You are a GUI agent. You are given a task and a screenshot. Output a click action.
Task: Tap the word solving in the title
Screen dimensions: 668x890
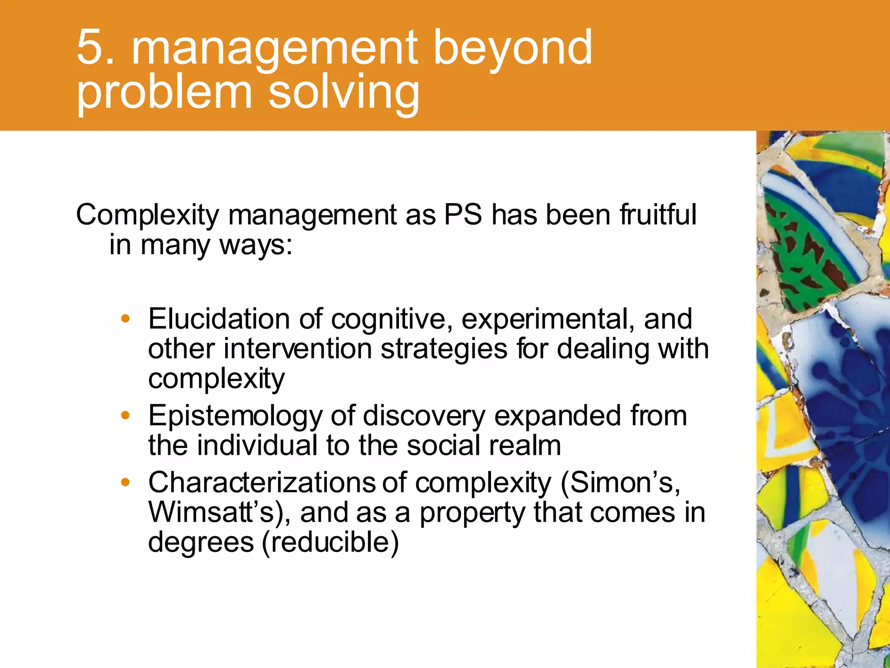344,94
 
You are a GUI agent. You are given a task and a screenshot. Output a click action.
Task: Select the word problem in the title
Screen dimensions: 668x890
164,94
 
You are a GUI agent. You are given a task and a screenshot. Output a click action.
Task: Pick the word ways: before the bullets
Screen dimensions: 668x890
256,245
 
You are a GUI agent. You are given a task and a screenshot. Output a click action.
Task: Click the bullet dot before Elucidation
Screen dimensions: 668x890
126,319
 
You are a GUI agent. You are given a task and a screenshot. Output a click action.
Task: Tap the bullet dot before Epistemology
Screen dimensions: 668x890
126,416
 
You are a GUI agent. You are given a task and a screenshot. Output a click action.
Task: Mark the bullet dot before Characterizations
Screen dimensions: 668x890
126,482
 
